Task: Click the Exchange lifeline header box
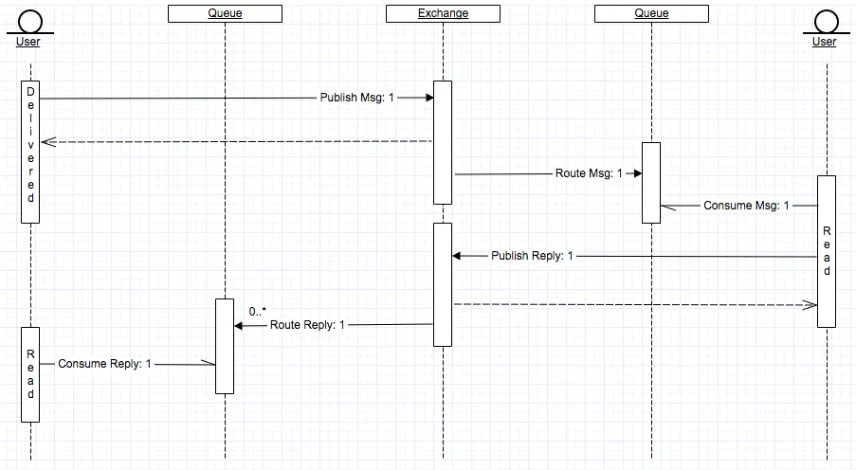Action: click(443, 13)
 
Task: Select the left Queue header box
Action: click(225, 13)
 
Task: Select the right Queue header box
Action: click(651, 13)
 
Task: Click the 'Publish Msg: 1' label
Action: click(356, 98)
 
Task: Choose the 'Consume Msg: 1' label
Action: click(746, 206)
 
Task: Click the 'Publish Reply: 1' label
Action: click(532, 256)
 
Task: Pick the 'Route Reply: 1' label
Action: click(308, 325)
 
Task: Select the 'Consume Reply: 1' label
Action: click(104, 363)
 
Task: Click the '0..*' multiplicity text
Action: click(258, 311)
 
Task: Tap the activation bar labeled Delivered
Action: click(30, 152)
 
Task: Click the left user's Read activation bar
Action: click(30, 374)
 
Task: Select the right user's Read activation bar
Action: click(826, 251)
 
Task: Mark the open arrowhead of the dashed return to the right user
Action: click(810, 305)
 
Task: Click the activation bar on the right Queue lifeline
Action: click(650, 182)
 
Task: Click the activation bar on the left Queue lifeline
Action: click(225, 346)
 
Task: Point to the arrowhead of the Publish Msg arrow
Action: click(428, 98)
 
